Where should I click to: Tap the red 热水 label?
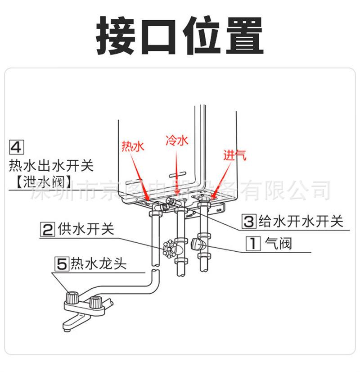click(x=132, y=146)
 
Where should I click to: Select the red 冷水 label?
click(x=176, y=141)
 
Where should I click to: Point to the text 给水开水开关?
click(x=300, y=221)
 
